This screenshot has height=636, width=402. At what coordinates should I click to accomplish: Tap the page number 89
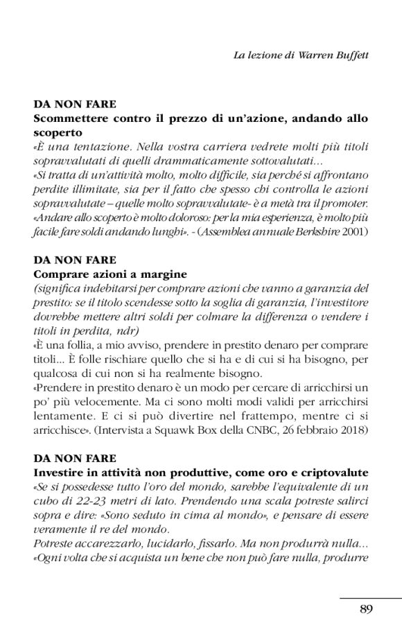367,609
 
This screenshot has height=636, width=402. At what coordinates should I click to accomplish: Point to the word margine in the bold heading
165,274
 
